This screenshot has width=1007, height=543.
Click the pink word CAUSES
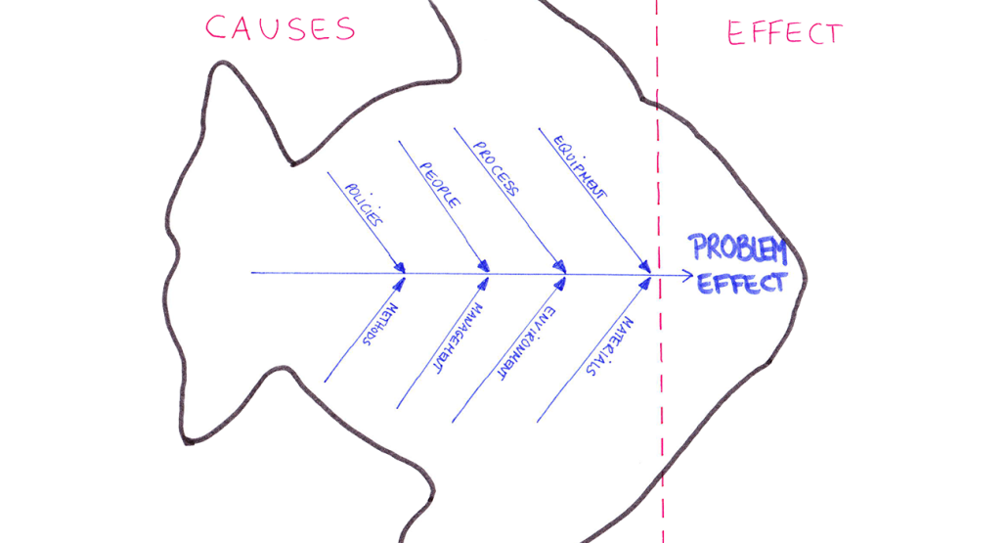pyautogui.click(x=280, y=27)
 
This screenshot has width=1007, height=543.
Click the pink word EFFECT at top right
pyautogui.click(x=784, y=33)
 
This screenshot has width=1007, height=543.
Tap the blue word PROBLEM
pyautogui.click(x=737, y=249)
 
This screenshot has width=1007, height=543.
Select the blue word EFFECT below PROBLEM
pyautogui.click(x=740, y=284)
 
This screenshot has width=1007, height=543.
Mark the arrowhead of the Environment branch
pyautogui.click(x=560, y=284)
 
